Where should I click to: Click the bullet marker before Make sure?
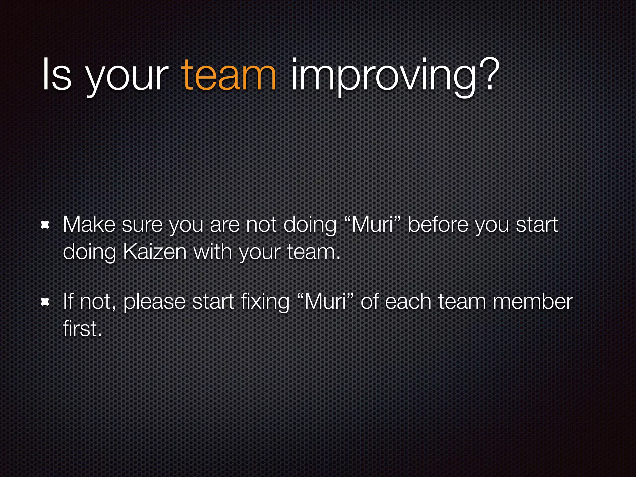click(45, 225)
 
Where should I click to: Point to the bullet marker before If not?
click(45, 302)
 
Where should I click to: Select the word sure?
click(142, 225)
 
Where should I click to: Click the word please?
click(154, 302)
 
